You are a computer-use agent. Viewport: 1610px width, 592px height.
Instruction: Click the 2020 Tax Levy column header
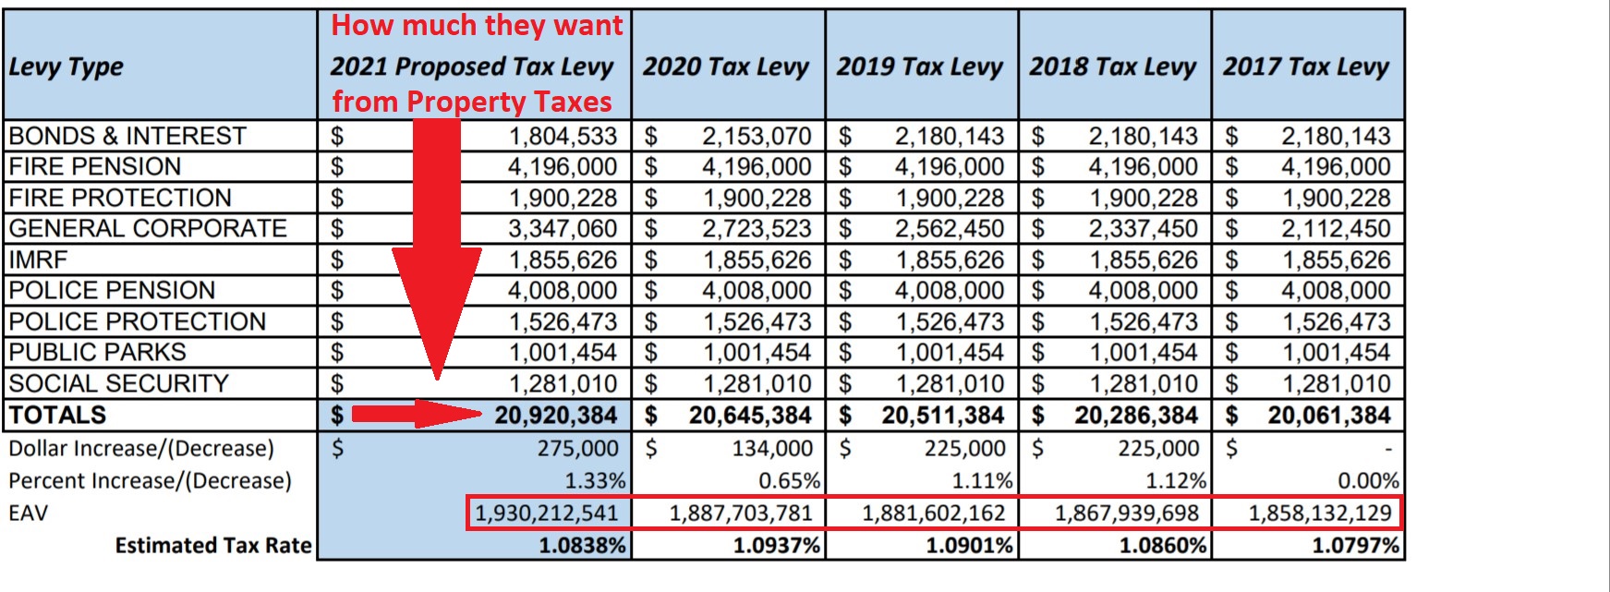(726, 66)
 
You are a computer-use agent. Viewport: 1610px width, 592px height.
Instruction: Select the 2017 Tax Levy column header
(1306, 66)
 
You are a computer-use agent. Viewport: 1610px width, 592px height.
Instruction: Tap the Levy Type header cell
(67, 66)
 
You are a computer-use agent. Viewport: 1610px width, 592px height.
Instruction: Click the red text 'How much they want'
(477, 26)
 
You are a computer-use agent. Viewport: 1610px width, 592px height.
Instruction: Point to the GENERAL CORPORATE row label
(148, 228)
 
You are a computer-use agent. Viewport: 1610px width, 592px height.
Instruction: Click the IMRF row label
(38, 260)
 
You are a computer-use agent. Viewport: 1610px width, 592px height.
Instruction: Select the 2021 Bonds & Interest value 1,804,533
(563, 136)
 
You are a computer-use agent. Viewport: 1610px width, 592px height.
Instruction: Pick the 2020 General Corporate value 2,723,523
(757, 228)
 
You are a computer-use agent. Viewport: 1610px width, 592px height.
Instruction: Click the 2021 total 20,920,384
(555, 416)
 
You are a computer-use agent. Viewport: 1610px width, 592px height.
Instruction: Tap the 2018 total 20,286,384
(1135, 416)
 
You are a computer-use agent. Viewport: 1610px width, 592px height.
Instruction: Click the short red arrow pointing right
(416, 414)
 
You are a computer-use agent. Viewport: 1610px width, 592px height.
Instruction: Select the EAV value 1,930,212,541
(546, 513)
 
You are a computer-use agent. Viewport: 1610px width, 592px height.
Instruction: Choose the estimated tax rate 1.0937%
(776, 545)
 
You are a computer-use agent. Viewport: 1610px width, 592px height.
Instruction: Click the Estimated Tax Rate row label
(212, 545)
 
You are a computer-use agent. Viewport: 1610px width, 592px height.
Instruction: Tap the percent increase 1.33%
(595, 480)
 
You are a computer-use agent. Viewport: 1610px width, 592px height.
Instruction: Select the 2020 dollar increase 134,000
(772, 448)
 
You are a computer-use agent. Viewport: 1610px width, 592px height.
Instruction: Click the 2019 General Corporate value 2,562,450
(950, 228)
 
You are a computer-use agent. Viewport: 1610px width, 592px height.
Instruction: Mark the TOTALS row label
(57, 416)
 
